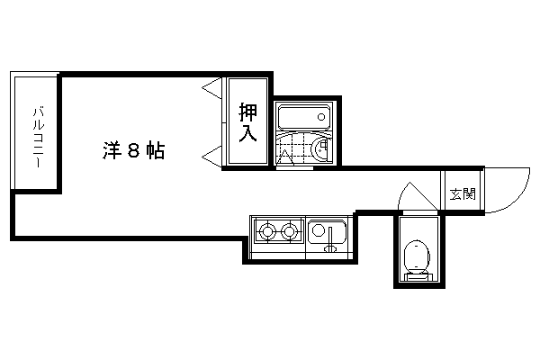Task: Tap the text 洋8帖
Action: [x=132, y=151]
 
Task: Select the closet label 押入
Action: [x=248, y=123]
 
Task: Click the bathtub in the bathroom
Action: [x=303, y=117]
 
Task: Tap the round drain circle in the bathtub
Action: [x=320, y=118]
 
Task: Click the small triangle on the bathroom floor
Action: [x=288, y=158]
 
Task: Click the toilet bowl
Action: [x=416, y=256]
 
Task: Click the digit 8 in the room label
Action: [x=132, y=151]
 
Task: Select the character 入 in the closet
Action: [x=248, y=134]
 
